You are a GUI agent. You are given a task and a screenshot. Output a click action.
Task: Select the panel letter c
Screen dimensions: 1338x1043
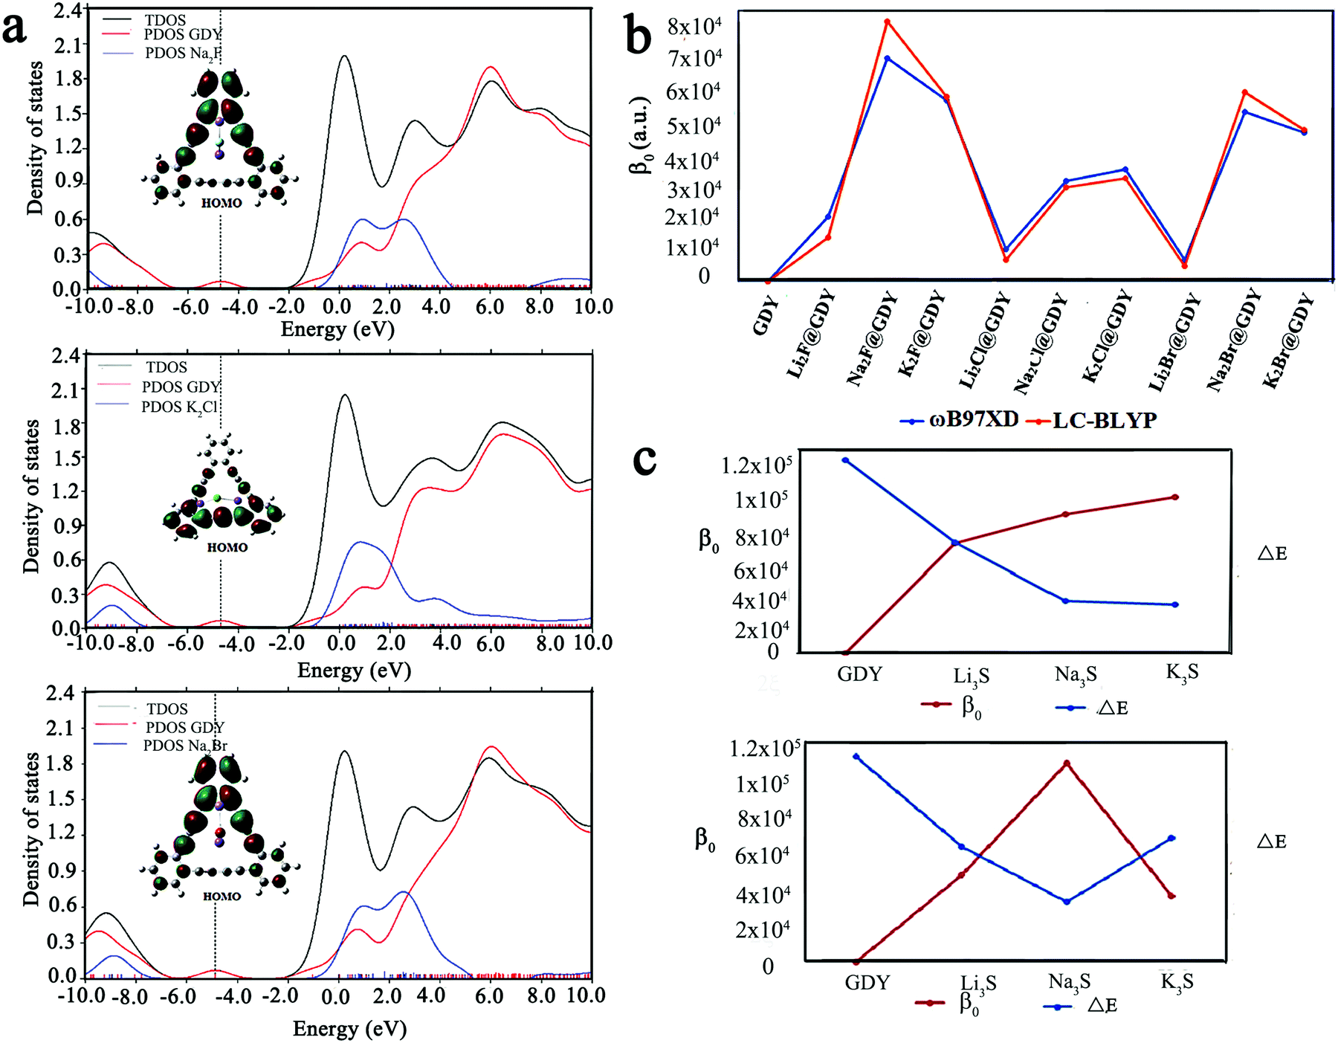[644, 459]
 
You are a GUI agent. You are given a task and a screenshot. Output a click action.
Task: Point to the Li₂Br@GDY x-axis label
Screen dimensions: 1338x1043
[1174, 342]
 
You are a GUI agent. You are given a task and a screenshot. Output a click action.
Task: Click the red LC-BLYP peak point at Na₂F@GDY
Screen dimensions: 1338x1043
[887, 22]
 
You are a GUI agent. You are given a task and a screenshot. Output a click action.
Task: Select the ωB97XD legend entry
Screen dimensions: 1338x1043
[959, 420]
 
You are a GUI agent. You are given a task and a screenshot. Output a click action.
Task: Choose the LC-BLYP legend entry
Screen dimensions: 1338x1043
[1091, 421]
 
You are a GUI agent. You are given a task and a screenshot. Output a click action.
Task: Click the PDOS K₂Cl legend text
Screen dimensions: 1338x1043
[179, 407]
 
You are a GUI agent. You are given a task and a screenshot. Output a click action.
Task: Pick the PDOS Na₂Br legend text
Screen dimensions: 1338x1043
[185, 746]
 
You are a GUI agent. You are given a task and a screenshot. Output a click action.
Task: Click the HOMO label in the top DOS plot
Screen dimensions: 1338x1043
[222, 203]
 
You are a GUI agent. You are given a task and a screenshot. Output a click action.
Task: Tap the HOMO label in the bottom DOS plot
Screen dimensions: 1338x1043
[222, 897]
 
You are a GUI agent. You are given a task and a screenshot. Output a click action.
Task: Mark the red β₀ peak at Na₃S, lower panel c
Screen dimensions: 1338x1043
[1067, 763]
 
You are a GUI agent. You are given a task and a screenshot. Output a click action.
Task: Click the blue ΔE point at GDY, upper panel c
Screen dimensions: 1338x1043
[845, 460]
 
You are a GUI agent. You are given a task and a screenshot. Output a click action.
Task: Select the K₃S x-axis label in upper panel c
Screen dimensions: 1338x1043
[1182, 673]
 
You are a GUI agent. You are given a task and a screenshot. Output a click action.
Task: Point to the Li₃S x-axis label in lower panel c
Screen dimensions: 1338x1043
[978, 984]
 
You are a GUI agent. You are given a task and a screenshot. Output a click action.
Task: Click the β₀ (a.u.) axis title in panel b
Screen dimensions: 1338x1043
[640, 136]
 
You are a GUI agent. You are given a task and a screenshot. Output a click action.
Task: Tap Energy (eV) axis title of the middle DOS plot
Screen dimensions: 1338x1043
[354, 671]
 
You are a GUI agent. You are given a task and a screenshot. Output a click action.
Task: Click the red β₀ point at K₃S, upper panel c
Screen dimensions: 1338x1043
[1175, 497]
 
